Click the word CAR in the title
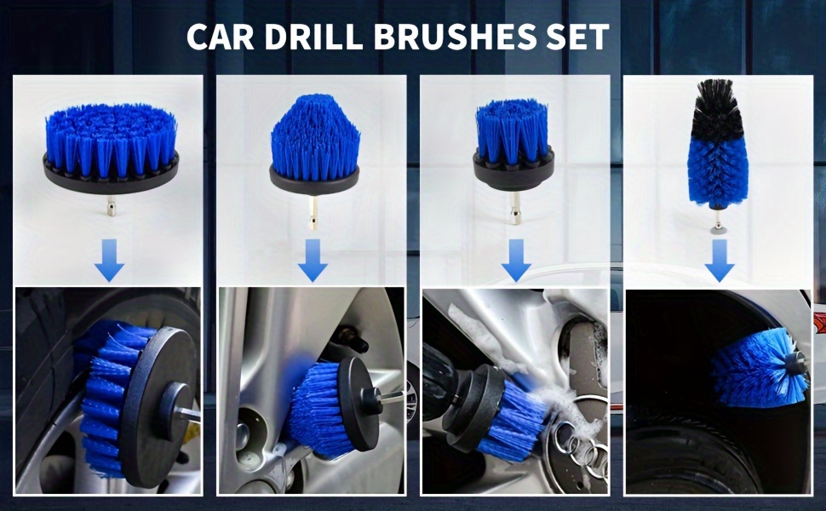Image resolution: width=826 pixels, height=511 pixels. [x=220, y=37]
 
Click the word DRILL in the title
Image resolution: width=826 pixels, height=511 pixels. [x=313, y=37]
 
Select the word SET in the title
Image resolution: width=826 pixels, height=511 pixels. [x=578, y=37]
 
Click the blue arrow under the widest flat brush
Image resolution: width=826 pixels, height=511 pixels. [x=110, y=260]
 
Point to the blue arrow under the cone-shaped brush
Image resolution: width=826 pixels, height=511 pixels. [x=313, y=260]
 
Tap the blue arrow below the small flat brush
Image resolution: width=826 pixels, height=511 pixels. [x=516, y=260]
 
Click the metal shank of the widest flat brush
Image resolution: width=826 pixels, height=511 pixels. [x=112, y=205]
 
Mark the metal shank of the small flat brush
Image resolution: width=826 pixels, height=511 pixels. [x=514, y=207]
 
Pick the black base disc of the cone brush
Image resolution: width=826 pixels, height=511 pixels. [x=314, y=179]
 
